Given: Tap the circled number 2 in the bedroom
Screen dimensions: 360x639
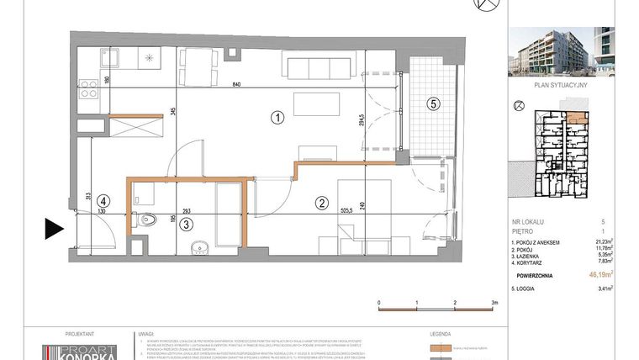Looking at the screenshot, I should click(x=320, y=202).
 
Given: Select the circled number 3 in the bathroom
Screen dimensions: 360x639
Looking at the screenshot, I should click(x=187, y=223).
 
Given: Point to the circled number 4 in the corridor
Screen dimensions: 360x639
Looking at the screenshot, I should click(x=102, y=201).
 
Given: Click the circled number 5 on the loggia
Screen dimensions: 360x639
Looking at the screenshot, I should click(x=432, y=104).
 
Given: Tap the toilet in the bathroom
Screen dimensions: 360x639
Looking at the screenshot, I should click(x=149, y=222).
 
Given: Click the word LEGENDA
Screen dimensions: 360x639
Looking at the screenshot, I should click(x=441, y=334).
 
